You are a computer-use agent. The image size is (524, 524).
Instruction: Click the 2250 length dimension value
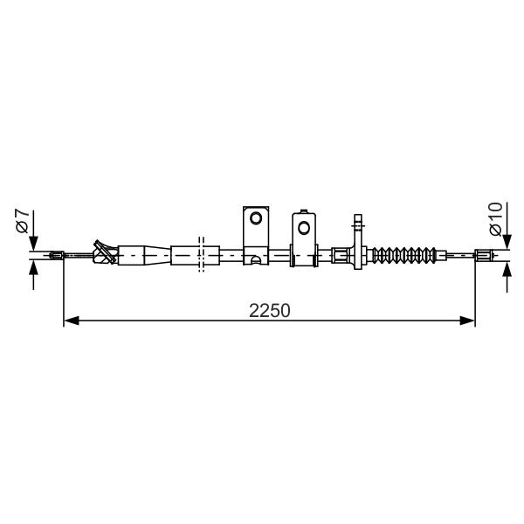pyautogui.click(x=269, y=311)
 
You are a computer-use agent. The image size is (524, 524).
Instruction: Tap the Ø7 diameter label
pyautogui.click(x=23, y=221)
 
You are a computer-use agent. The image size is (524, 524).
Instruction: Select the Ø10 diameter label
pyautogui.click(x=495, y=219)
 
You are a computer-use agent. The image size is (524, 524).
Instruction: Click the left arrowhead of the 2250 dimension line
pyautogui.click(x=72, y=321)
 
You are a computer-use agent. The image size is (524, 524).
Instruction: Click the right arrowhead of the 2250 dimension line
pyautogui.click(x=467, y=321)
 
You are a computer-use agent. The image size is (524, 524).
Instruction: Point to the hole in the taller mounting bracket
pyautogui.click(x=256, y=218)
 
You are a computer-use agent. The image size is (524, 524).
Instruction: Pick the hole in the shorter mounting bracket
pyautogui.click(x=304, y=228)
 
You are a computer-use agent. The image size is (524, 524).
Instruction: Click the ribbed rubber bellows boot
pyautogui.click(x=404, y=255)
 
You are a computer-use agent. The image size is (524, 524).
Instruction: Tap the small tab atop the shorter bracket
pyautogui.click(x=304, y=211)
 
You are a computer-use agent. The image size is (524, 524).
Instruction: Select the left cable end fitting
pyautogui.click(x=57, y=255)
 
